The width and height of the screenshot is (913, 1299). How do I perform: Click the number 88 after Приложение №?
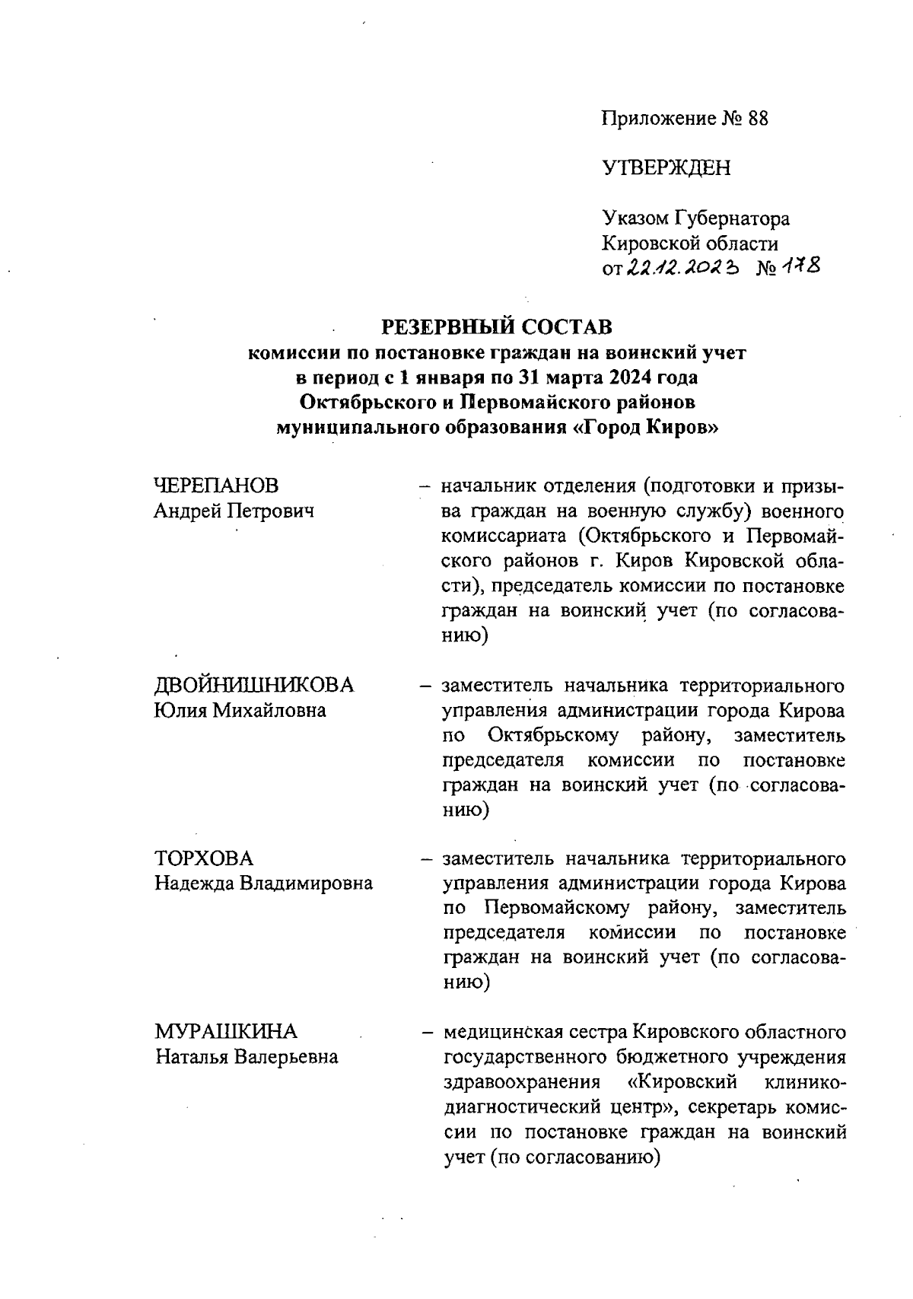pyautogui.click(x=758, y=119)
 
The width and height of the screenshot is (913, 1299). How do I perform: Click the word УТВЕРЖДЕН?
pyautogui.click(x=666, y=168)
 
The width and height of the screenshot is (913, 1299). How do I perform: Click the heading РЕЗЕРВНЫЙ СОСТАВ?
pyautogui.click(x=497, y=326)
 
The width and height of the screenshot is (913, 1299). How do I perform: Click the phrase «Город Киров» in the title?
pyautogui.click(x=645, y=427)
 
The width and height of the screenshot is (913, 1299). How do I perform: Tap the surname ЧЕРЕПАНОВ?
pyautogui.click(x=217, y=486)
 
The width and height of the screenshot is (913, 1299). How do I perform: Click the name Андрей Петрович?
pyautogui.click(x=234, y=511)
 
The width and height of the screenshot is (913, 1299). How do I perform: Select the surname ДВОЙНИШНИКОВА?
pyautogui.click(x=255, y=685)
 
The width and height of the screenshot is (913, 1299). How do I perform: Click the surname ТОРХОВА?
pyautogui.click(x=205, y=858)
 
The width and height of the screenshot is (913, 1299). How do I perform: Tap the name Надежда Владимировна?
pyautogui.click(x=264, y=884)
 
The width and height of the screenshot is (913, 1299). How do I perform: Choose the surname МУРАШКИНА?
pyautogui.click(x=227, y=1032)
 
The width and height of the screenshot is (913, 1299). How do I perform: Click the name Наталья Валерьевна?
pyautogui.click(x=247, y=1057)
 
